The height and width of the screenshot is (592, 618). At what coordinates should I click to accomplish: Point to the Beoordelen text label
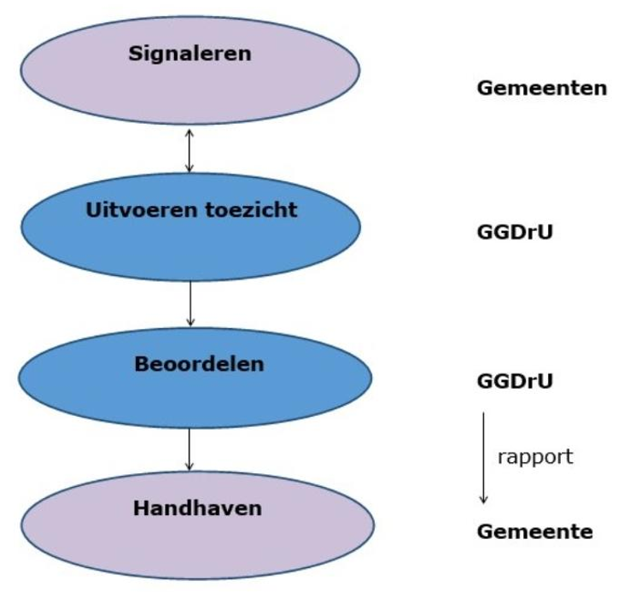[x=199, y=363]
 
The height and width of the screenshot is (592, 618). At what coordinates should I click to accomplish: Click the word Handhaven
[x=196, y=508]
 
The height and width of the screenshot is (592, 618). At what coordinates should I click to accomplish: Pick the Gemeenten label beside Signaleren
[x=540, y=88]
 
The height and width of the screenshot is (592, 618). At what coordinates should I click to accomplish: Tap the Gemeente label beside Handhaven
[x=534, y=531]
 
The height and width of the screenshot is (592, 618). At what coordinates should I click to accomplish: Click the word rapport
[x=534, y=456]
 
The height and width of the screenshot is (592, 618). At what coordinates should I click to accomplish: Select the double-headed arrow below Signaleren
[x=189, y=150]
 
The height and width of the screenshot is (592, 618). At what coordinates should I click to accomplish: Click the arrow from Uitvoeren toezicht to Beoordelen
[x=189, y=303]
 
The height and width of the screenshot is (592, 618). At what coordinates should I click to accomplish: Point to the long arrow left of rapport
[x=483, y=457]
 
